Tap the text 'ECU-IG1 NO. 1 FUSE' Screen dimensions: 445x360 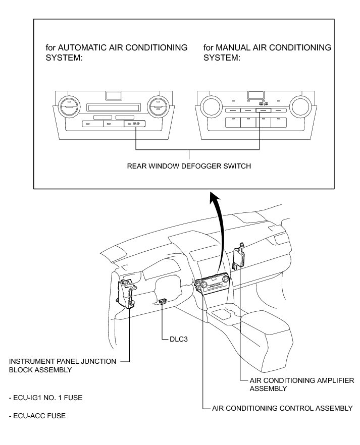[46, 398]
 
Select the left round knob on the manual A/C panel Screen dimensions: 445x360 [208, 106]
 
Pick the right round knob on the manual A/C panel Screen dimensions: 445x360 [299, 106]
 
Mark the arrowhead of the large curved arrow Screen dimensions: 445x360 [214, 196]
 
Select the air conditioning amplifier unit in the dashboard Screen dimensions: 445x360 [238, 257]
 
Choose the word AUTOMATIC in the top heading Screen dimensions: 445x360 [82, 47]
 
